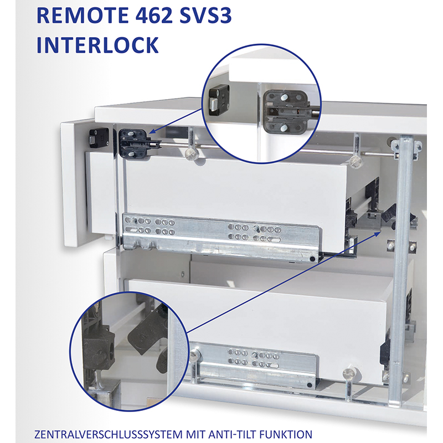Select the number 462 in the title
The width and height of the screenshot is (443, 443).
point(154,16)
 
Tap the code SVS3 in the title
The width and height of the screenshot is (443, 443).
point(205,16)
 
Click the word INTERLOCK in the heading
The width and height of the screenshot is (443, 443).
point(98,45)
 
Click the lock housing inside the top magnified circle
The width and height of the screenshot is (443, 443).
point(285,112)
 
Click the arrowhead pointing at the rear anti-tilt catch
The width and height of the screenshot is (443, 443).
point(378,233)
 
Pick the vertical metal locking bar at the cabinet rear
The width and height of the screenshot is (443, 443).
point(402,269)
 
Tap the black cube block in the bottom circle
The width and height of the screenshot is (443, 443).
point(99,348)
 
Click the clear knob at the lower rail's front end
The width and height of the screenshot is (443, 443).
point(195,354)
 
